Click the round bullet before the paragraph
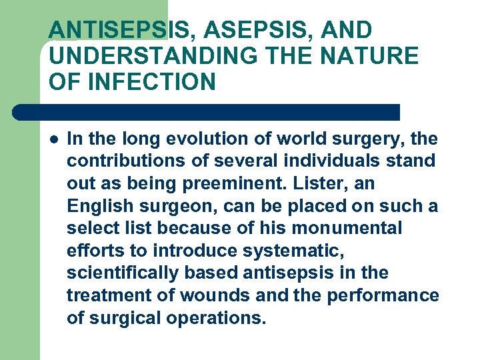pyautogui.click(x=53, y=139)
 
